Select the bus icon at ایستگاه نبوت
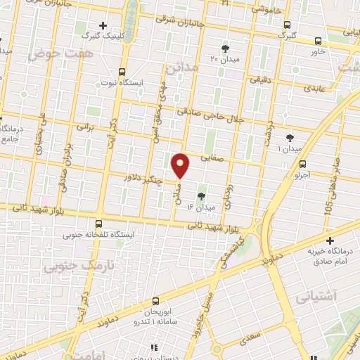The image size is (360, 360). pos(122,72)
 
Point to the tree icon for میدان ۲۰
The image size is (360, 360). pos(225,48)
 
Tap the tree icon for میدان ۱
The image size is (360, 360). pos(290,138)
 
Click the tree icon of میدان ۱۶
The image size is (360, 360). pos(202,196)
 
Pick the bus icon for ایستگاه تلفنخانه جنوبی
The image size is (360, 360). pos(98,223)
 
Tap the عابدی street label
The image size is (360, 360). pos(312,90)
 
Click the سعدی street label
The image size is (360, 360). pos(248,340)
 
